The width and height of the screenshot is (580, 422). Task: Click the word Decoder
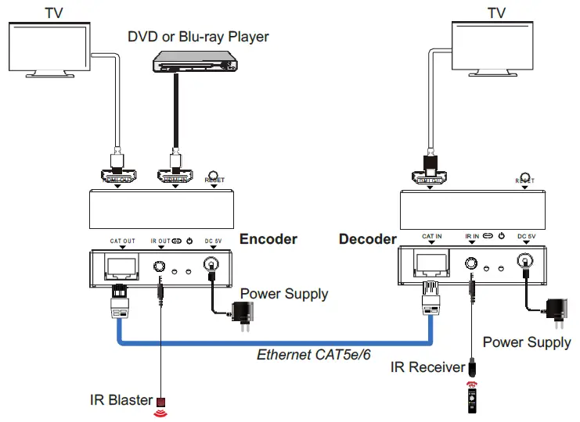point(367,238)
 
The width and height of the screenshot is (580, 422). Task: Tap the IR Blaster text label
point(121,400)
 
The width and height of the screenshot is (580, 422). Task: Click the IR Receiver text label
point(427,366)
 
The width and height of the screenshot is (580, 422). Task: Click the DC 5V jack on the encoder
point(209,267)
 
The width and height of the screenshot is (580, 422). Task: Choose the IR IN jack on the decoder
point(472,263)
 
